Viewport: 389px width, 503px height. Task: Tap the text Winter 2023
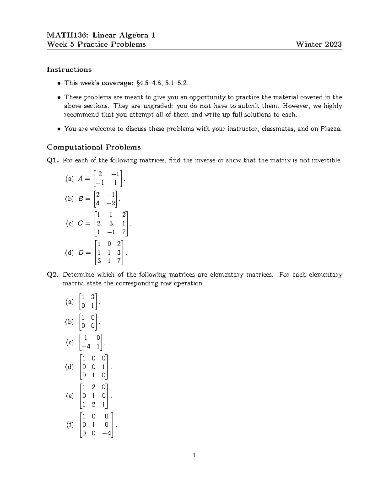(x=319, y=44)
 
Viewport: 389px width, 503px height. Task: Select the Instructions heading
(x=69, y=70)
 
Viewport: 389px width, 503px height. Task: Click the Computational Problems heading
(x=94, y=147)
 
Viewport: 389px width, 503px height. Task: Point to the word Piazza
(x=331, y=129)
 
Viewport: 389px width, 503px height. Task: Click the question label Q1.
(x=53, y=160)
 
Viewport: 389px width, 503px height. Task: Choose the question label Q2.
(x=53, y=275)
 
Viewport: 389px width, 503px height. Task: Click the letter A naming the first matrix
(x=80, y=178)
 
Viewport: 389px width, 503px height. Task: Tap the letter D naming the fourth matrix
(x=81, y=253)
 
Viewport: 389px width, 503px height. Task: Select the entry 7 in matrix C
(x=124, y=232)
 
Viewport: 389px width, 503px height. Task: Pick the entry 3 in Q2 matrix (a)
(x=93, y=297)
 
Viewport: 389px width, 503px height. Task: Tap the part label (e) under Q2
(x=69, y=396)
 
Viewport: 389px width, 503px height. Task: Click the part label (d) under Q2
(x=69, y=367)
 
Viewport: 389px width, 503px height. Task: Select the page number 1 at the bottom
(x=194, y=455)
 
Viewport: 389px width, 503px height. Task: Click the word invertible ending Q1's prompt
(x=326, y=160)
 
